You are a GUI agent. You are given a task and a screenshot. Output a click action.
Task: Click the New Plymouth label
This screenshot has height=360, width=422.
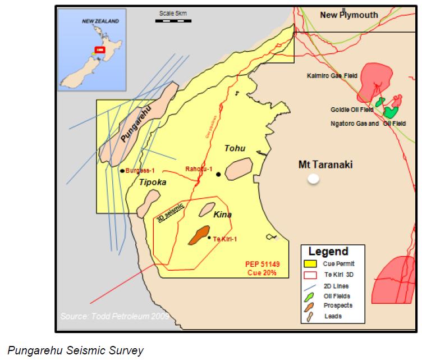click(349, 15)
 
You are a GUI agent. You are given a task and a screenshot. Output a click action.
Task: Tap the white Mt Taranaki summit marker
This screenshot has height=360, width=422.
click(314, 179)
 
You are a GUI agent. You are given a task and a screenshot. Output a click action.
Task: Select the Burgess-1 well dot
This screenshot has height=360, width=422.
click(122, 170)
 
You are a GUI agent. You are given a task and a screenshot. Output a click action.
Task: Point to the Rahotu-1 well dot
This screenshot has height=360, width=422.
click(218, 175)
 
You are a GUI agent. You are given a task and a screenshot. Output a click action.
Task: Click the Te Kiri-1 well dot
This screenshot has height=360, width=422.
click(209, 238)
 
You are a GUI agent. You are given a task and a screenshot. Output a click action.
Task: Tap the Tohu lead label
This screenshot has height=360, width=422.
click(236, 149)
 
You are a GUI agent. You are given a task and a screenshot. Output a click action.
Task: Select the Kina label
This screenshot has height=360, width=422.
click(223, 215)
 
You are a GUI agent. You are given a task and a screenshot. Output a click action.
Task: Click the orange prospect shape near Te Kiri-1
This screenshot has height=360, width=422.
click(199, 235)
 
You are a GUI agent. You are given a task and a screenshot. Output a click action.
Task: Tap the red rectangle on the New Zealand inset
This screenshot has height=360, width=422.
click(100, 49)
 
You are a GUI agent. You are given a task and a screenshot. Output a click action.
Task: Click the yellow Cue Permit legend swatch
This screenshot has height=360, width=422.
click(309, 263)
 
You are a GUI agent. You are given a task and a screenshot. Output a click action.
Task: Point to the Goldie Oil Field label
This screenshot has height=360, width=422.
click(352, 110)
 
